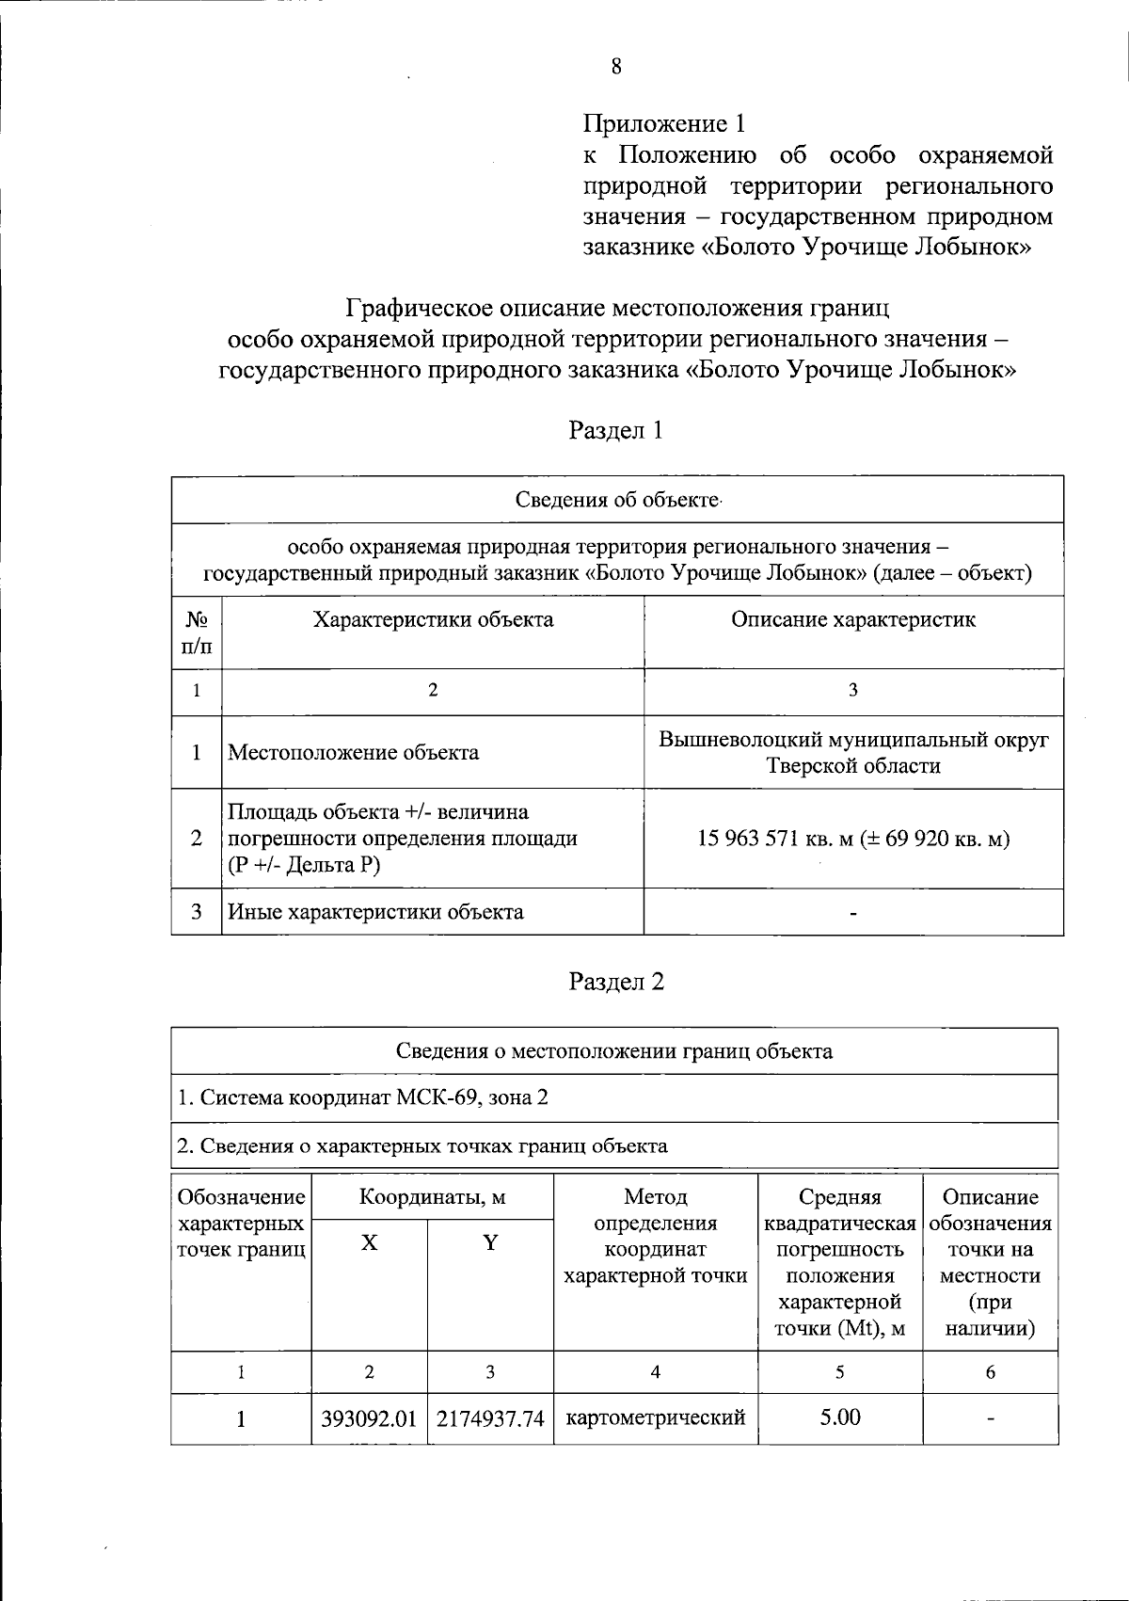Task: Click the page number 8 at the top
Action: (616, 66)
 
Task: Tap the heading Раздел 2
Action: (616, 981)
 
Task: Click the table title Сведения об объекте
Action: (617, 499)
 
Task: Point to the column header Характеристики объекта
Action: (433, 619)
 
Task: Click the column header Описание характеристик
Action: (853, 619)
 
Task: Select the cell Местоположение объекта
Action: (354, 752)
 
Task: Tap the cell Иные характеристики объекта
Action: (376, 911)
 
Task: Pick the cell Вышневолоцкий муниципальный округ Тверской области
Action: (853, 752)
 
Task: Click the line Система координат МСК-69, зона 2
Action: (363, 1097)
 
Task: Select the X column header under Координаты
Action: (370, 1243)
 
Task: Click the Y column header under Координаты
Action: (490, 1243)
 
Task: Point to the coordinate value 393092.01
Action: (369, 1418)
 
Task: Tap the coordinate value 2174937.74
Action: (490, 1418)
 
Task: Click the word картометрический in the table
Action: (655, 1417)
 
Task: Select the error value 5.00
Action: (840, 1417)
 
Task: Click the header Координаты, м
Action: (433, 1197)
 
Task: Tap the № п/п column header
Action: (197, 632)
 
